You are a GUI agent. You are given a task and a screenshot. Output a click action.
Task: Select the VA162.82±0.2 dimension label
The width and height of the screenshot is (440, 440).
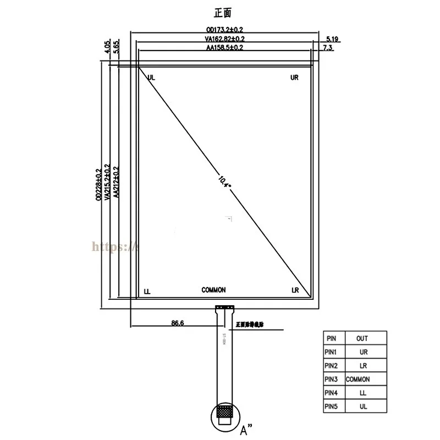[x=224, y=39]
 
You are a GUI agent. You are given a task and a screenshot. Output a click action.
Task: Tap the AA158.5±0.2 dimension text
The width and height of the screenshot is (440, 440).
[x=224, y=48]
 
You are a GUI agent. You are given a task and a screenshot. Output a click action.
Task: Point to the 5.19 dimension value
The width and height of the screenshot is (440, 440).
[x=332, y=39]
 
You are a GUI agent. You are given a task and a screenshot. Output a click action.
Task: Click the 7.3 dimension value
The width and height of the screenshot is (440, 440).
[x=328, y=48]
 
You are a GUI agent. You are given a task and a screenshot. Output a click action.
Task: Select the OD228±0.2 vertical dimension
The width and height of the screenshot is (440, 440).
[x=99, y=184]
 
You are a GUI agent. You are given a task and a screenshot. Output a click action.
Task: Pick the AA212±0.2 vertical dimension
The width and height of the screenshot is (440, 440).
[x=116, y=184]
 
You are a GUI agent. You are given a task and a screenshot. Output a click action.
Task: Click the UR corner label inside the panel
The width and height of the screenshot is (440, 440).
[x=294, y=78]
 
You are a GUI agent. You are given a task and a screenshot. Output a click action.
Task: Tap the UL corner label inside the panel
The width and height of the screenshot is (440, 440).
[x=151, y=78]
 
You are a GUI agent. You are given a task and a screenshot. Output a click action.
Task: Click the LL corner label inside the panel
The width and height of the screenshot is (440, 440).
[x=147, y=290]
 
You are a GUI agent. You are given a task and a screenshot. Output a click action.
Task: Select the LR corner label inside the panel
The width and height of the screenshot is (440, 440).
[x=295, y=290]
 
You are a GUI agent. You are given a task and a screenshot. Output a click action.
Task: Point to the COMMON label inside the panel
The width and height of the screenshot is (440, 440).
[x=213, y=290]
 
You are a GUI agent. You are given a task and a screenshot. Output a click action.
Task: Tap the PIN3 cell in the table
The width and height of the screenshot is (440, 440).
[x=332, y=379]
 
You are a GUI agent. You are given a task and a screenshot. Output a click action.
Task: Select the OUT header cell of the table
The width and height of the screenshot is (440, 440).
[x=362, y=338]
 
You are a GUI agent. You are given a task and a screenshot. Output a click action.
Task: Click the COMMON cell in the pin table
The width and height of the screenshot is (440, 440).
[x=358, y=379]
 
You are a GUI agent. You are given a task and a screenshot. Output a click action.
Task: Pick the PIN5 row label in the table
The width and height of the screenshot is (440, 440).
[x=332, y=406]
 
